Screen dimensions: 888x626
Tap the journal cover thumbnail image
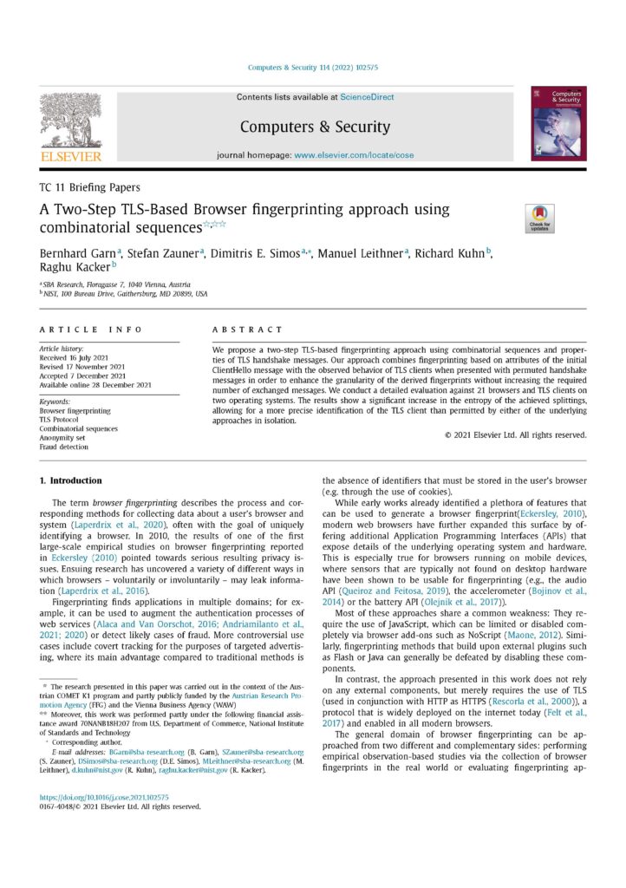point(558,122)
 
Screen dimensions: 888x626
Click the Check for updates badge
point(538,218)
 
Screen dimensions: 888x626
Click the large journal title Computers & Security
point(315,127)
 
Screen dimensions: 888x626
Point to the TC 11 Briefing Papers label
point(90,186)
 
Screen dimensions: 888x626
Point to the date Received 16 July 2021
point(82,357)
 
